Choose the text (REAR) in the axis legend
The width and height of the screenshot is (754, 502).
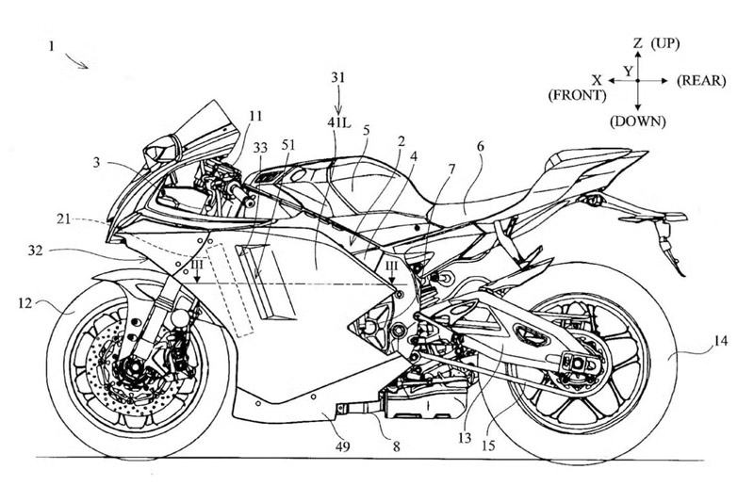point(700,82)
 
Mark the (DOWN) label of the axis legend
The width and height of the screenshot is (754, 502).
point(637,121)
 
